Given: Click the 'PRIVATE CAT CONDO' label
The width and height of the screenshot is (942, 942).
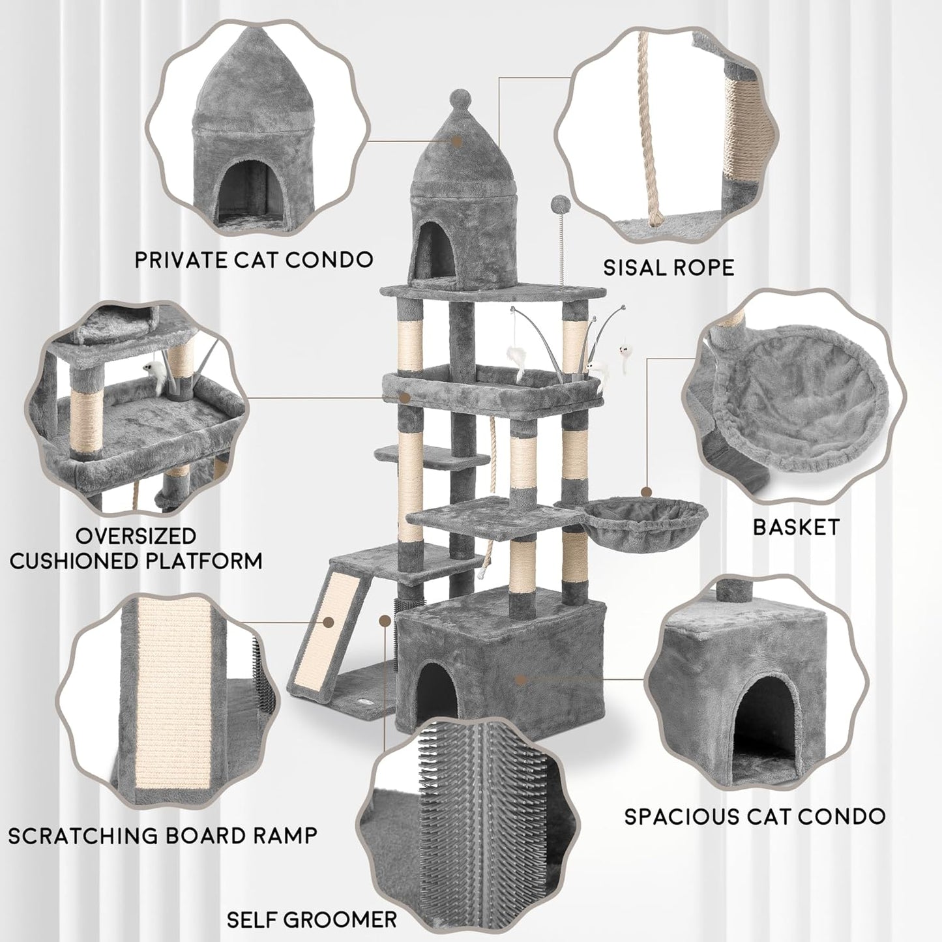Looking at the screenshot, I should click(254, 259).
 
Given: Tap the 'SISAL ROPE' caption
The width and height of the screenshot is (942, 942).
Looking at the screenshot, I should click(668, 267).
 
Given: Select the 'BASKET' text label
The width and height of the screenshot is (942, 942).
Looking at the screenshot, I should click(796, 527).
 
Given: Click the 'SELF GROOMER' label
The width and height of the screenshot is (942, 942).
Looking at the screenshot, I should click(312, 920).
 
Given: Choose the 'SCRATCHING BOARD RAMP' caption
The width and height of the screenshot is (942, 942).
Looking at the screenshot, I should click(163, 834).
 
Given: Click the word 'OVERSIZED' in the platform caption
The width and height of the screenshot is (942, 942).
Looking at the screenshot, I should click(136, 536).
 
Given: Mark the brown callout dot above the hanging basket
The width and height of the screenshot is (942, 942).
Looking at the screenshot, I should click(646, 492).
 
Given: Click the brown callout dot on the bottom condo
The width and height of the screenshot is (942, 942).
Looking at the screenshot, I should click(520, 679).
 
